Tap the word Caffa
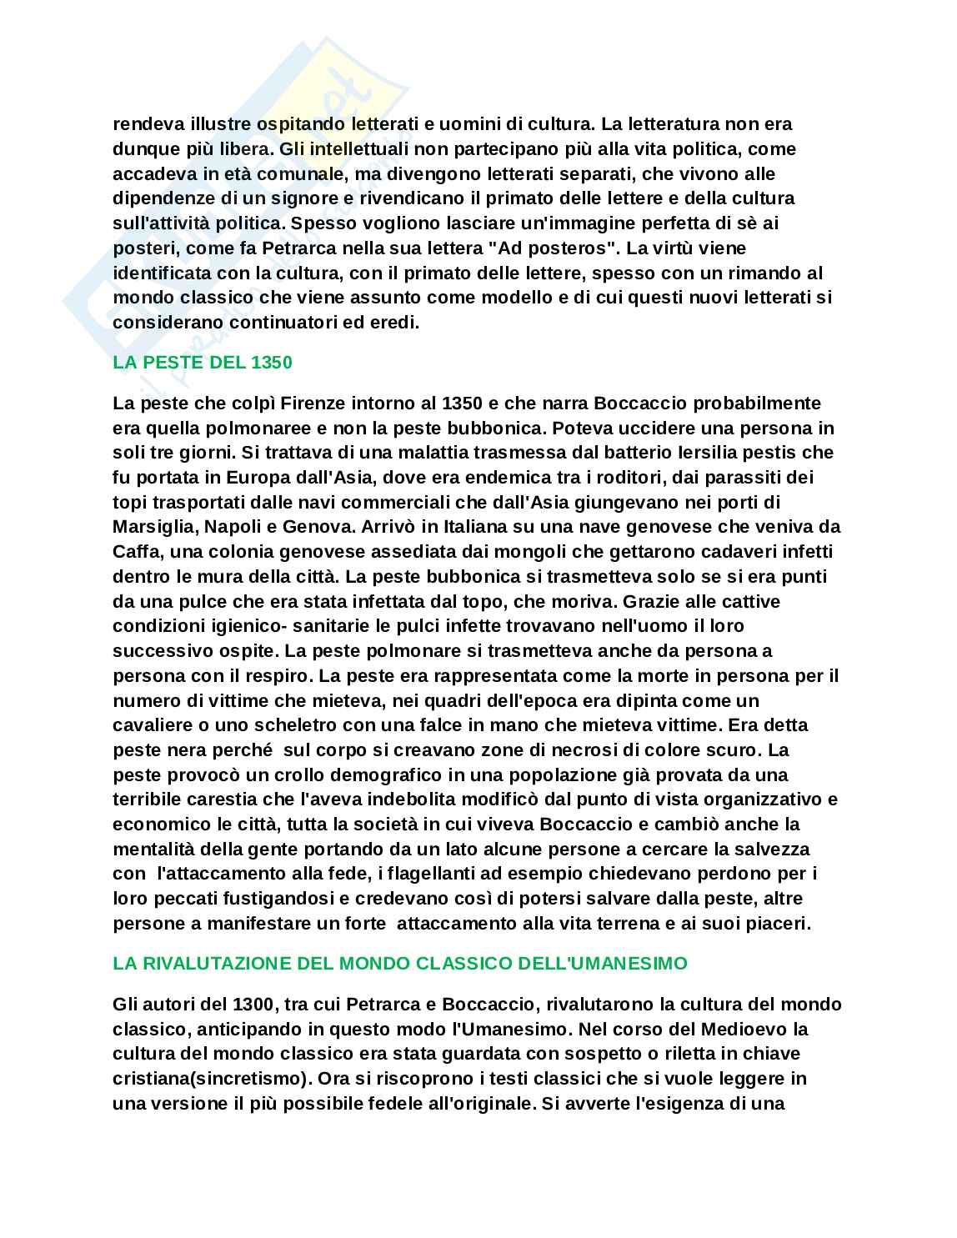[x=134, y=551]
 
